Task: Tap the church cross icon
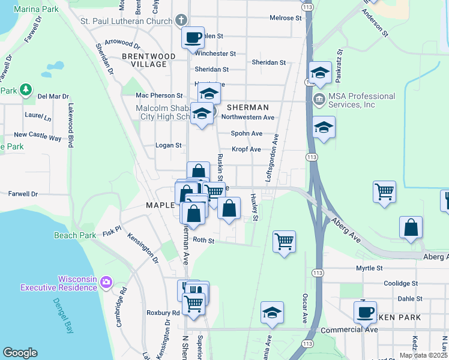coord(181,21)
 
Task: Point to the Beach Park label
coord(74,235)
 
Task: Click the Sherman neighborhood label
coord(247,107)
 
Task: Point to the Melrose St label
coord(285,18)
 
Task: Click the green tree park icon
coord(25,90)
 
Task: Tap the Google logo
coord(20,352)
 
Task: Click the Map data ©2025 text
coord(423,355)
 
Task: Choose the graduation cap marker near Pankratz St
coord(320,73)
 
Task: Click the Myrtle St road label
coord(369,268)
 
